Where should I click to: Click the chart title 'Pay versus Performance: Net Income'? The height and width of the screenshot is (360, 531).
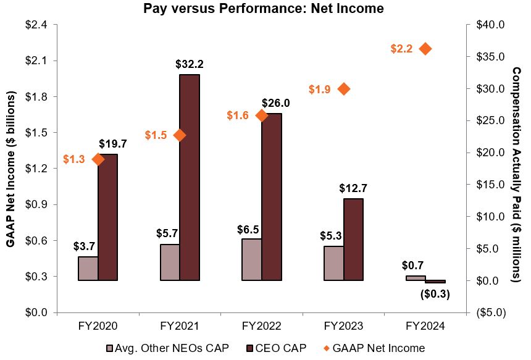coord(263,9)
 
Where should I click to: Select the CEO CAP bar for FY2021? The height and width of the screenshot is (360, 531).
coord(190,177)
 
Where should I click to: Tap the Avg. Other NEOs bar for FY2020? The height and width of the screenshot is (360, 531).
coord(88,269)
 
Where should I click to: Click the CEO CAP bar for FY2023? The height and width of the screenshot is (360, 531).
coord(353,240)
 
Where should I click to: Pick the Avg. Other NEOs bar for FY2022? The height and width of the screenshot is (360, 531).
coord(252,259)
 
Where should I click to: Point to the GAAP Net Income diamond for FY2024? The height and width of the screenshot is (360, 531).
coord(425,49)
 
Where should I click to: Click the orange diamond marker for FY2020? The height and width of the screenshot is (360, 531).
coord(98,159)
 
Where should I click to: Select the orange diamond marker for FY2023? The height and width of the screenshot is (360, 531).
coord(344,89)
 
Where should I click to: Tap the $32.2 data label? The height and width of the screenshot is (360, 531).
coord(190,64)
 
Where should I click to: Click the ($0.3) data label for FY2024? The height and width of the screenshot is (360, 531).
coord(435,294)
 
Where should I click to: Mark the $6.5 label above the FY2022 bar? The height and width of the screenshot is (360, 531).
coord(249,229)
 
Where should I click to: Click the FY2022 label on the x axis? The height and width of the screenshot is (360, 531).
coord(262,326)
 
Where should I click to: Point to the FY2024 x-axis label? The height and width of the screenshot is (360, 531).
coord(425,326)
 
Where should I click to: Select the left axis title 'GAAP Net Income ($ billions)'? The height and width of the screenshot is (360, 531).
coord(10,169)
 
